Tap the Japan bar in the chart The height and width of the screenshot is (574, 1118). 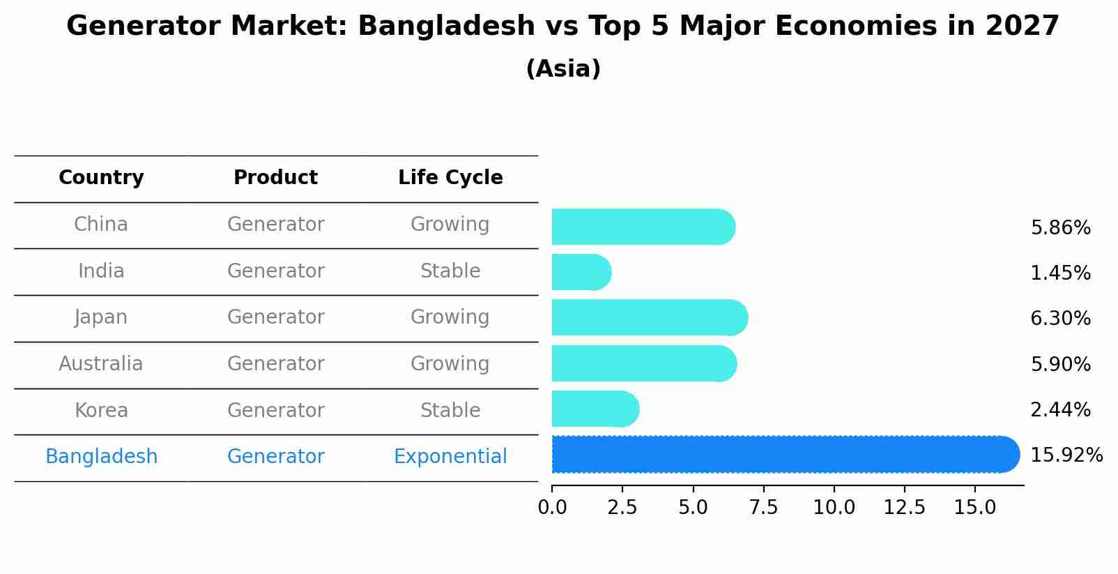point(649,318)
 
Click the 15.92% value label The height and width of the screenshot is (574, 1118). point(1066,455)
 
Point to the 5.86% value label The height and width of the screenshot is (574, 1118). point(1060,228)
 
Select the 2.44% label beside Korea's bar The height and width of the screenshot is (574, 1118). point(1060,410)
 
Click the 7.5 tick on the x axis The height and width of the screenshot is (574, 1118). point(763,508)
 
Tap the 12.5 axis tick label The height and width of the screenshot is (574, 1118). point(904,508)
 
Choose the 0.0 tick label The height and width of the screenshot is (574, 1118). point(552,508)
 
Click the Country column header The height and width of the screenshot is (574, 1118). point(101,178)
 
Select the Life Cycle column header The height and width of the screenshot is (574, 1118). point(450,178)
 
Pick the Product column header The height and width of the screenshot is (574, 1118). point(275,178)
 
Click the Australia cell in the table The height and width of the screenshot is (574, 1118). point(101,364)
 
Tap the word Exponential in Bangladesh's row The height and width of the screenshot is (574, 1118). point(450,457)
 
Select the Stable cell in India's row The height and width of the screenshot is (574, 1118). point(450,271)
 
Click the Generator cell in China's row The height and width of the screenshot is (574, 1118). point(275,225)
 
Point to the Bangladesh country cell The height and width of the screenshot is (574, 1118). point(101,457)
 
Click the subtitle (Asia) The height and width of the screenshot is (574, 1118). point(563,69)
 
